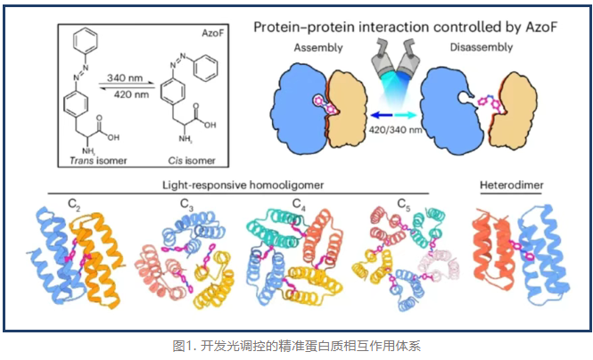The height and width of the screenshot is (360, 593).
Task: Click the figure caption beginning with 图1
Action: pos(295,345)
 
